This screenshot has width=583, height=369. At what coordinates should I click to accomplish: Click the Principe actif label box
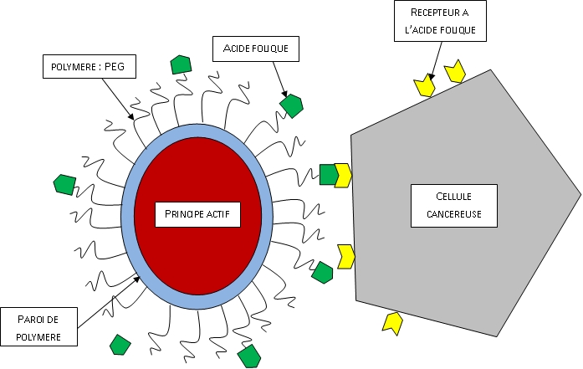tap(197, 215)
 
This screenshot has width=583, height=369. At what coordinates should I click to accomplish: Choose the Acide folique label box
tap(255, 49)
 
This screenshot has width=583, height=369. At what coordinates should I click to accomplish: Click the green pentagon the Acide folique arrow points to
tap(291, 105)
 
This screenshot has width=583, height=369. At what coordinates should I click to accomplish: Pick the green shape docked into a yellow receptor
tap(327, 175)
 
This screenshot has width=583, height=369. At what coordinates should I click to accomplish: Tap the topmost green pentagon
tap(181, 64)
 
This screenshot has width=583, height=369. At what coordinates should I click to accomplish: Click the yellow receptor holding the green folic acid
tap(342, 175)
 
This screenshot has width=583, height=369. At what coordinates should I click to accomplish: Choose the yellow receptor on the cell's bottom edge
tap(391, 322)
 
